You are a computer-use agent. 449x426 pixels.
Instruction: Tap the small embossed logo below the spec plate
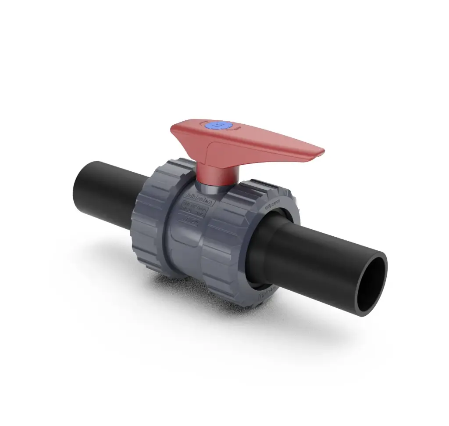tap(192, 222)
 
